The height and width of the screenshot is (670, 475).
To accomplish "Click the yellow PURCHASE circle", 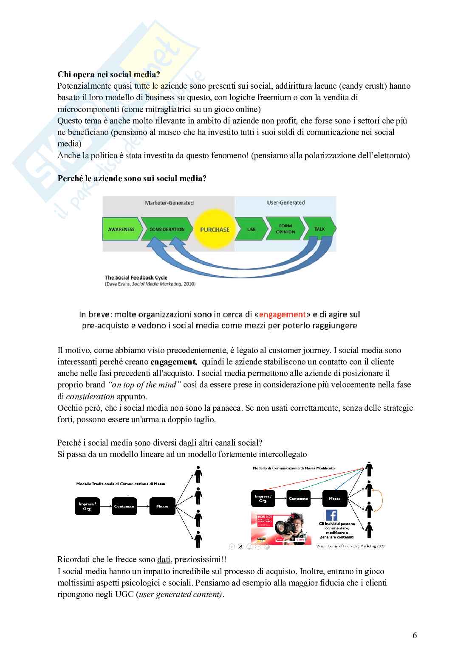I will pyautogui.click(x=215, y=230).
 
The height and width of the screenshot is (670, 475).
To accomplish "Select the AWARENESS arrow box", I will pyautogui.click(x=121, y=230).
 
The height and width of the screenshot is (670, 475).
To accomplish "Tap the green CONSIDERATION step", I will pyautogui.click(x=167, y=230).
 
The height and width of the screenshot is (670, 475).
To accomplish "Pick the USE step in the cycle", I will pyautogui.click(x=251, y=230).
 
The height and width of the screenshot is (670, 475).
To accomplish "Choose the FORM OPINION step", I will pyautogui.click(x=286, y=229).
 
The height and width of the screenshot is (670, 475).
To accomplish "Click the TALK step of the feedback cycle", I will pyautogui.click(x=319, y=229).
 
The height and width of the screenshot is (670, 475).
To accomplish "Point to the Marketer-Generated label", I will pyautogui.click(x=169, y=203).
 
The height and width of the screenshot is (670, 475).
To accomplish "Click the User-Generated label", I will pyautogui.click(x=286, y=202).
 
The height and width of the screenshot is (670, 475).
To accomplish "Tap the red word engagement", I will pyautogui.click(x=282, y=314).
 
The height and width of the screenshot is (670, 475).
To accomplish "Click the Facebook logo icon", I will pyautogui.click(x=331, y=515).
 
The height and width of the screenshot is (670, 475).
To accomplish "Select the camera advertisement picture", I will pyautogui.click(x=281, y=528).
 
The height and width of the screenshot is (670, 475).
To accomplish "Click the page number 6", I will pyautogui.click(x=414, y=635).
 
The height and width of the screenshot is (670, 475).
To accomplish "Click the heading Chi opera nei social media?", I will pyautogui.click(x=109, y=75).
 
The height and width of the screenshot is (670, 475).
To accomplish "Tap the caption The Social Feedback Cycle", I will pyautogui.click(x=136, y=278).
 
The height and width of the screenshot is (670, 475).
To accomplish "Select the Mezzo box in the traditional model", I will pyautogui.click(x=162, y=506).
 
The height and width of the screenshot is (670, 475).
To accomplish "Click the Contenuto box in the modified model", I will pyautogui.click(x=298, y=499).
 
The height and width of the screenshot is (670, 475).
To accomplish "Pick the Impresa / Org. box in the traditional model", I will pyautogui.click(x=87, y=506).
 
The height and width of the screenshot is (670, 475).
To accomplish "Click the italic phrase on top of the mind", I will pyautogui.click(x=145, y=385).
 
